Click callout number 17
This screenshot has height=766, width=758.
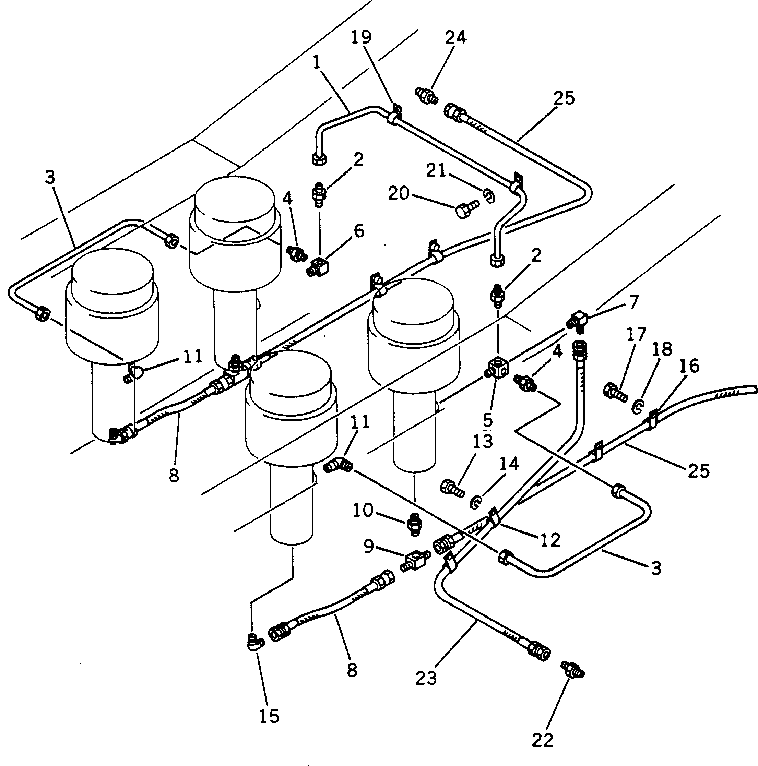pos(636,334)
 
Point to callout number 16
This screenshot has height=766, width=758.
pos(689,366)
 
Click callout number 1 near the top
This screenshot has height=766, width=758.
pos(316,63)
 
